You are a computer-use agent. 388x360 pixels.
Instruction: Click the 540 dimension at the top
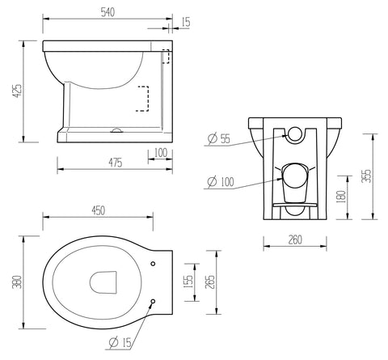[108, 11]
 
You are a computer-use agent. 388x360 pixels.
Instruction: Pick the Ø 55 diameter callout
[218, 139]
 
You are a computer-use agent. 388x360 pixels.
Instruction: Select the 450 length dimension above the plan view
[98, 211]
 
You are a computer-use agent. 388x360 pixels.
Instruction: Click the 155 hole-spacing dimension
[189, 281]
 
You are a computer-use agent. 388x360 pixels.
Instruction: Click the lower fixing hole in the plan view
[153, 303]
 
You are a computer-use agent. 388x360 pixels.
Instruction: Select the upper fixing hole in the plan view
[153, 262]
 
